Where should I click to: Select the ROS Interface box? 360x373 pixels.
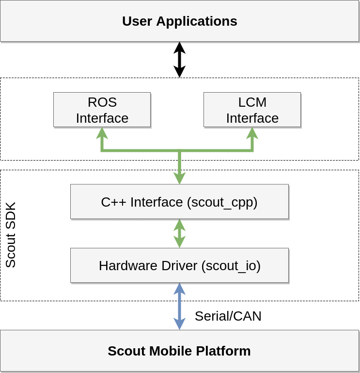[102, 110]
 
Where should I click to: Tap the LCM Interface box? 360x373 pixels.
[252, 110]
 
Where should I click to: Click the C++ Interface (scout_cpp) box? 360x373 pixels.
[179, 202]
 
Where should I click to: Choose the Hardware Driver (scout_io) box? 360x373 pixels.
[179, 265]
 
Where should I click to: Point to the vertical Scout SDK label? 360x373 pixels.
[11, 235]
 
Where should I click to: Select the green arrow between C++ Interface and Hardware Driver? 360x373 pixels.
[179, 233]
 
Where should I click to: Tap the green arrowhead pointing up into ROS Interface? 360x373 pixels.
[102, 133]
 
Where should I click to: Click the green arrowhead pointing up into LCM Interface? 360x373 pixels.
[252, 133]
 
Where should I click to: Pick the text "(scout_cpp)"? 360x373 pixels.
[222, 202]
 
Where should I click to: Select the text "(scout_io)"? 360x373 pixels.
[231, 265]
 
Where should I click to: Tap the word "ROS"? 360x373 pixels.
[102, 102]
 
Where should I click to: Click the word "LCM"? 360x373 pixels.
[252, 102]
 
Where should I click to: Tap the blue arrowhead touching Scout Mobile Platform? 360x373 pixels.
[179, 324]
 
